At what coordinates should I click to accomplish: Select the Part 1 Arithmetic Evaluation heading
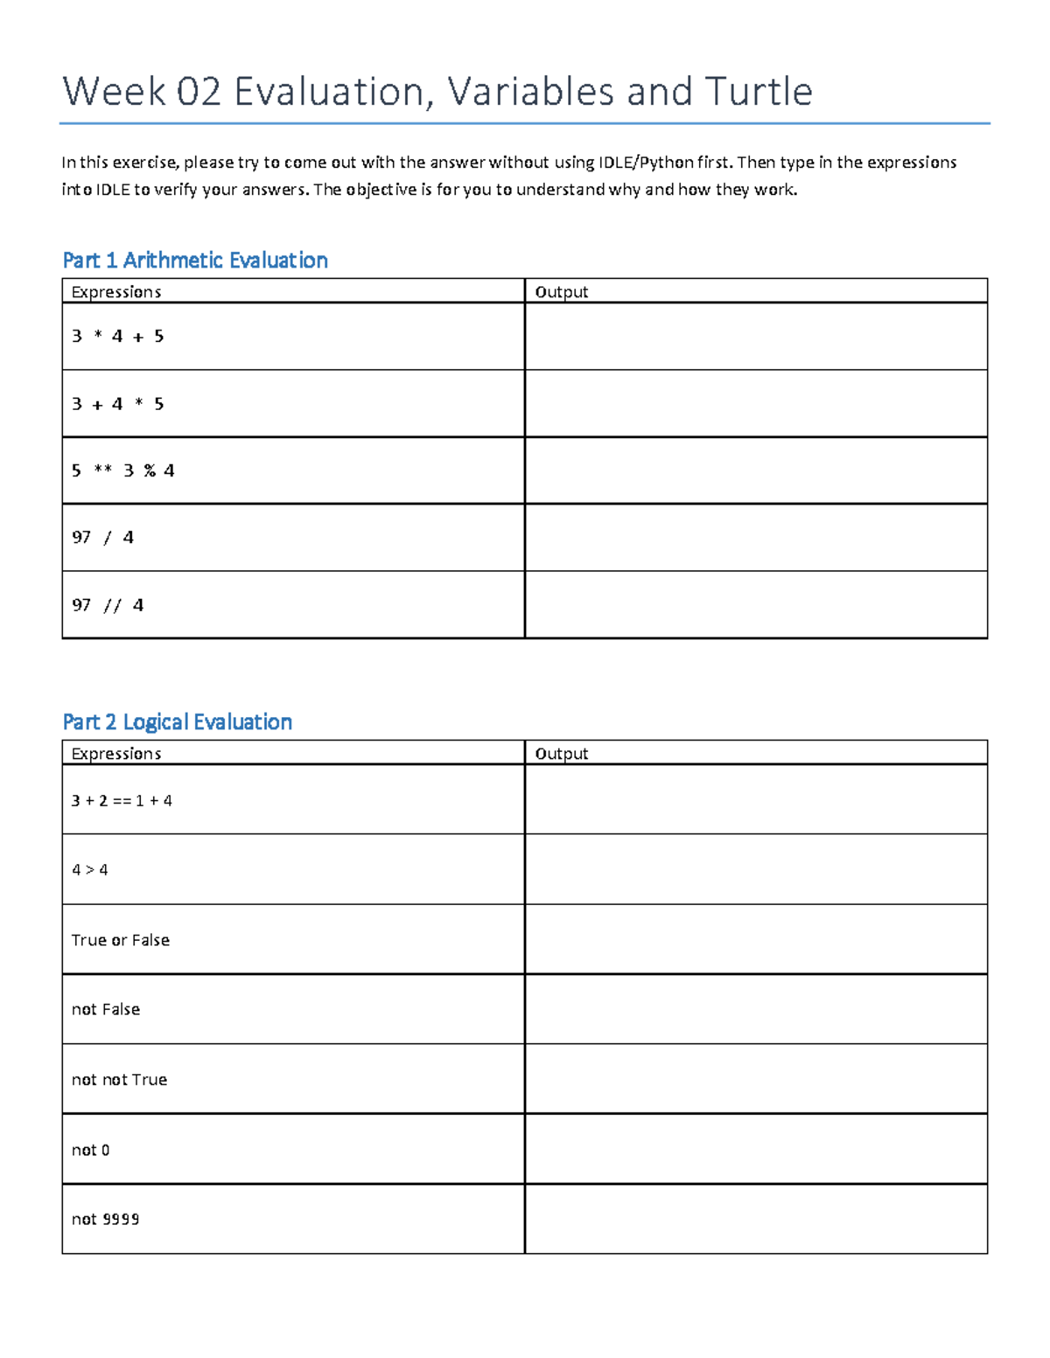click(x=195, y=260)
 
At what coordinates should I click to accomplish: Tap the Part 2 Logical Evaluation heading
click(x=178, y=721)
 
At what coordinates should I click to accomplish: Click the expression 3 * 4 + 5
click(x=117, y=336)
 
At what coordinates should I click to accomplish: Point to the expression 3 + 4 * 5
click(x=117, y=404)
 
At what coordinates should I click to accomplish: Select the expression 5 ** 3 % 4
click(x=122, y=470)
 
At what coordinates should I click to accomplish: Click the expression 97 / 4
click(x=102, y=537)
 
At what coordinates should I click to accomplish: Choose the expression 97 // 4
click(x=108, y=605)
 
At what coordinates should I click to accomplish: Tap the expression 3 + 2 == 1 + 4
click(x=122, y=800)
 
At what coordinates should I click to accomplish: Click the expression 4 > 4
click(x=89, y=870)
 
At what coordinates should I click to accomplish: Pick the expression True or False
click(x=121, y=940)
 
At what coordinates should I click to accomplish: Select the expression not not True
click(x=119, y=1080)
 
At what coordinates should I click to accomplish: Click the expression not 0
click(x=90, y=1150)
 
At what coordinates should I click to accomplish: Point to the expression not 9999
click(x=105, y=1219)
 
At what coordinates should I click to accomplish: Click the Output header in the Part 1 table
click(x=561, y=292)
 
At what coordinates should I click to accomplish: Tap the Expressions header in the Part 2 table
click(x=116, y=754)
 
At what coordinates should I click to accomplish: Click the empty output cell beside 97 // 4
click(x=756, y=605)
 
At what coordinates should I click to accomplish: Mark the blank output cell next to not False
click(x=756, y=1009)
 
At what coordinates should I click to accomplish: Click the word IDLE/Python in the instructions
click(x=645, y=163)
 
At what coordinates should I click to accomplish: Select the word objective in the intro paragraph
click(x=381, y=190)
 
